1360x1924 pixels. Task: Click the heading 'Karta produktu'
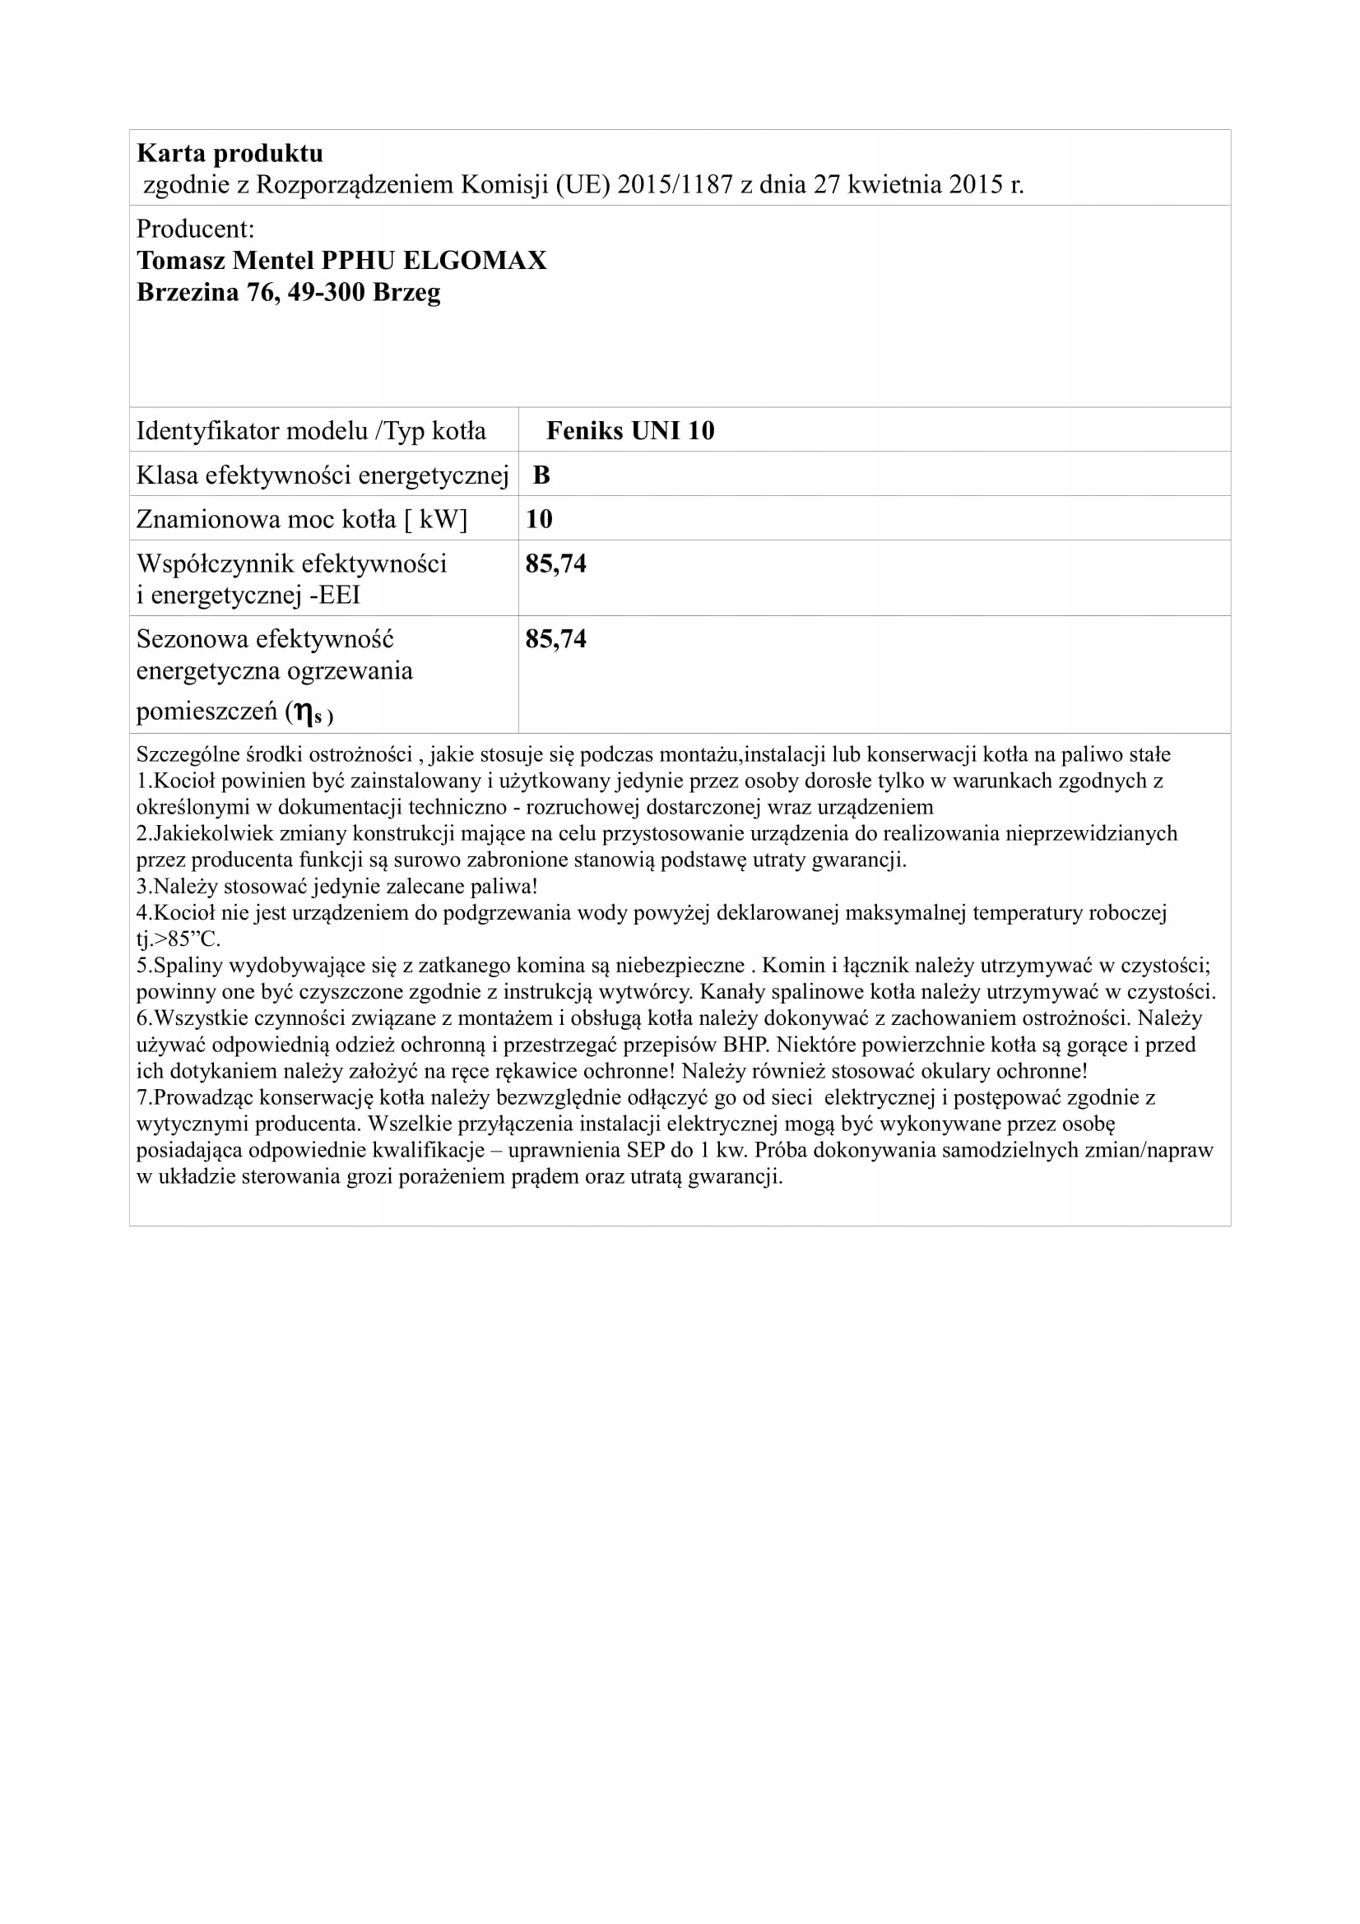pos(230,153)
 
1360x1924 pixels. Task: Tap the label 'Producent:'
pos(195,229)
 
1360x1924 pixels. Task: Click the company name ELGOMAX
pos(474,261)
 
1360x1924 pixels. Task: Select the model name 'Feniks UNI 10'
pos(630,431)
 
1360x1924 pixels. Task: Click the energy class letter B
pos(541,475)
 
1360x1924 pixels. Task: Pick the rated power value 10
pos(539,520)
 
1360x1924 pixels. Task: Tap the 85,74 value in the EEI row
pos(555,564)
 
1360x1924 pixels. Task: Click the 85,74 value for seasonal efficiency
pos(555,639)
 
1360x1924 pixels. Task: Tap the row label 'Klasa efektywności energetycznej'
pos(323,475)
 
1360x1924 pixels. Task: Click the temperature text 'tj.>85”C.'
pos(179,939)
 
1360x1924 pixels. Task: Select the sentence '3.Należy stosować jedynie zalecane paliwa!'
pos(337,886)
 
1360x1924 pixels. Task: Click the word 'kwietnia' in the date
pos(894,184)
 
